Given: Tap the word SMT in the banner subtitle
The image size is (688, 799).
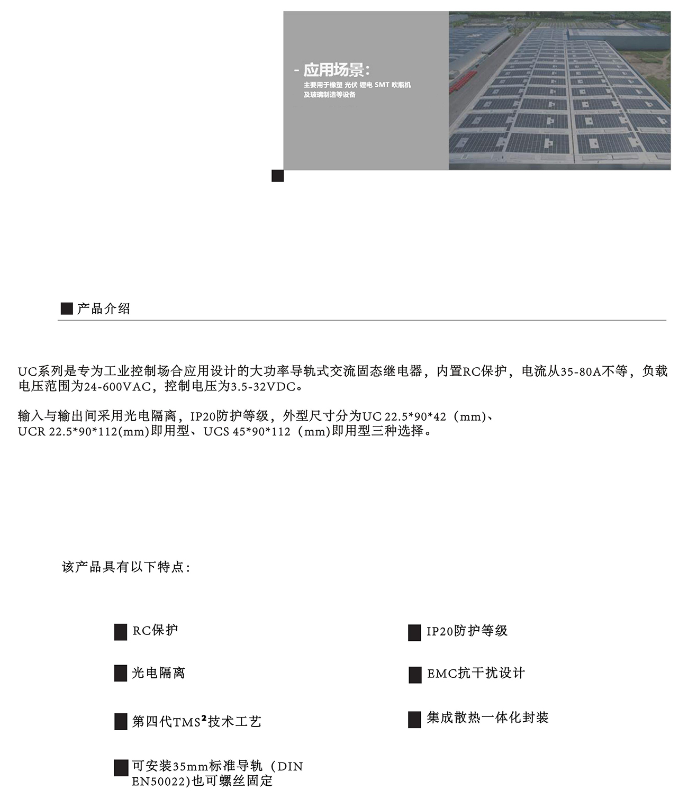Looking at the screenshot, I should coord(382,85).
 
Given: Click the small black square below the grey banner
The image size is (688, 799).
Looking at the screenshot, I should coord(277,176).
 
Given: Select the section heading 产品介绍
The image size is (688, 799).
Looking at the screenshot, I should coord(103,309).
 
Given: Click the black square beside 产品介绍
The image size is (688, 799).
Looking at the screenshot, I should coord(67,309).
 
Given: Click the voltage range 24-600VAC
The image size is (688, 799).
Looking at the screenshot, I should coord(117,387).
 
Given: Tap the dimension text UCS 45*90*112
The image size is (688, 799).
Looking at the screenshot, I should coord(247,432).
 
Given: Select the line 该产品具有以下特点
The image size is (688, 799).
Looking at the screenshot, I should coord(126,567).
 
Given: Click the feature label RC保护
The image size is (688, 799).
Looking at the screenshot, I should coord(155,631).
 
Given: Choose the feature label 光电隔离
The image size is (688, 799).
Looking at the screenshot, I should coord(158,673).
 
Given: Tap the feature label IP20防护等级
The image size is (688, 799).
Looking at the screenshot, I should coord(467,631).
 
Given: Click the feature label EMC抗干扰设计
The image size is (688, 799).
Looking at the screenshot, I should coord(476,674).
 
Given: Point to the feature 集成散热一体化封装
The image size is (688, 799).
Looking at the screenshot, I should coord(487,718).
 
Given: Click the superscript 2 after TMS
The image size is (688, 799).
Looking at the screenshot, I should coord(204,718).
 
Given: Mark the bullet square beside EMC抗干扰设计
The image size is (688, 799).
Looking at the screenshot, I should coord(415,675).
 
